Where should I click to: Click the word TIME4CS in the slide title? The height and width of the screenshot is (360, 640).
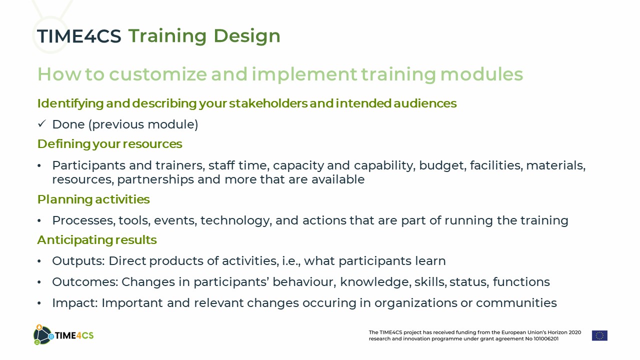[x=79, y=36]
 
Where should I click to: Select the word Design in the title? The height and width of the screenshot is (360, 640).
[x=247, y=36]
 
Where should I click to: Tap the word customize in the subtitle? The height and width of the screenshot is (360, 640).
[x=158, y=74]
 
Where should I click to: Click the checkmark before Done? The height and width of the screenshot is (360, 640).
[x=41, y=123]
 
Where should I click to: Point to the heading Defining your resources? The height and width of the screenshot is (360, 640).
[x=109, y=144]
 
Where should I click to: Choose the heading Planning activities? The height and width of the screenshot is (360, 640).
[x=93, y=199]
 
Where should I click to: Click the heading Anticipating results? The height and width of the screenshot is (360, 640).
[x=97, y=240]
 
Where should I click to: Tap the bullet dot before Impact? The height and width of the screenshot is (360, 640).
[x=39, y=303]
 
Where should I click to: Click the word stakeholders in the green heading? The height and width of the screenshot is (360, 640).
[x=268, y=103]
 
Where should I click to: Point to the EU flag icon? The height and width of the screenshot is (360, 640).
[x=599, y=335]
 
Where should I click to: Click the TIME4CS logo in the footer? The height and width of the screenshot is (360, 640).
[x=63, y=335]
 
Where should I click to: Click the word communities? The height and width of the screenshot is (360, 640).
[x=516, y=303]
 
